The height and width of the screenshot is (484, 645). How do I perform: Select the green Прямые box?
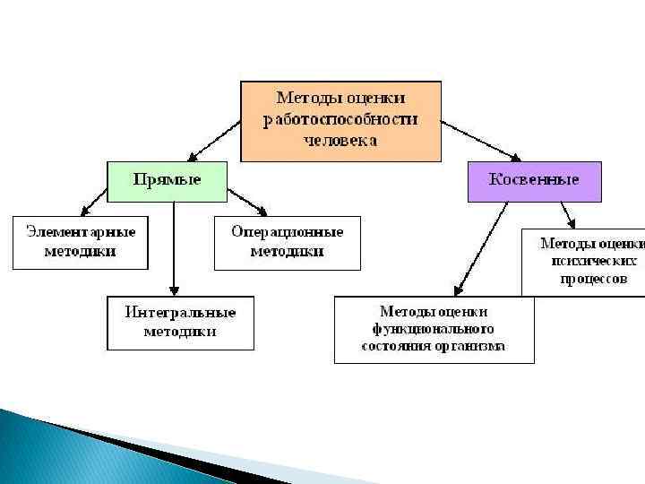coord(168,181)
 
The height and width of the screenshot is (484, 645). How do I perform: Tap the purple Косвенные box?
coord(534,181)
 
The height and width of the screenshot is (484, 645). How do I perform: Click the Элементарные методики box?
coord(81,242)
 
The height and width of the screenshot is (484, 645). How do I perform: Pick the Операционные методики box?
coord(287,242)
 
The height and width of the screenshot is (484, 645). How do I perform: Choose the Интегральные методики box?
coord(180,323)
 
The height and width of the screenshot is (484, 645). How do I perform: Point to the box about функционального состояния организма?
coord(434,329)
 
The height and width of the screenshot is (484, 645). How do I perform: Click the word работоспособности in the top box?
coord(340,118)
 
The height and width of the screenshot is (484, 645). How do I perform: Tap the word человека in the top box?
coord(340,140)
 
